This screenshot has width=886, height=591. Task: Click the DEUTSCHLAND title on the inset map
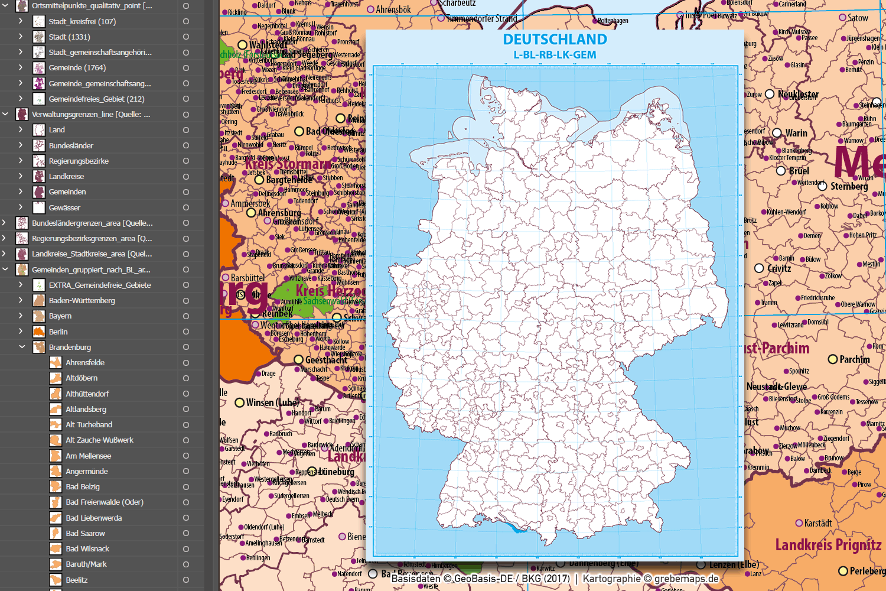pyautogui.click(x=555, y=40)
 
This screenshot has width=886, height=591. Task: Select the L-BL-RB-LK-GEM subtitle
pyautogui.click(x=555, y=55)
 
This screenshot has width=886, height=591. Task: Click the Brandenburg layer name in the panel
pyautogui.click(x=70, y=347)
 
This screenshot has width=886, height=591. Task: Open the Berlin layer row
pyautogui.click(x=58, y=332)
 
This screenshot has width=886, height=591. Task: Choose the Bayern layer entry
pyautogui.click(x=60, y=316)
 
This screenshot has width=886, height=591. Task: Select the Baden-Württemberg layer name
pyautogui.click(x=82, y=300)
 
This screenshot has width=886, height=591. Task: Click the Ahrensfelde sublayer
pyautogui.click(x=85, y=362)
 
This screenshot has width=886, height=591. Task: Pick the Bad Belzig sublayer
pyautogui.click(x=83, y=486)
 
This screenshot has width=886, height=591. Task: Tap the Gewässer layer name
pyautogui.click(x=64, y=207)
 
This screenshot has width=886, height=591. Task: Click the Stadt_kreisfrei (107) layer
pyautogui.click(x=82, y=21)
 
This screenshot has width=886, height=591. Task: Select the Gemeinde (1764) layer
pyautogui.click(x=77, y=67)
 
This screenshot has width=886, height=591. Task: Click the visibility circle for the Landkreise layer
pyautogui.click(x=185, y=176)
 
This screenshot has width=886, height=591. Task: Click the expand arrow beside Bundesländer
pyautogui.click(x=21, y=145)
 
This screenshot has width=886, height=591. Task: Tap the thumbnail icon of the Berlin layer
pyautogui.click(x=39, y=332)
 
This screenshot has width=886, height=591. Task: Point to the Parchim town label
pyautogui.click(x=854, y=359)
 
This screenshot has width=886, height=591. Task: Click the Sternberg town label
pyautogui.click(x=849, y=186)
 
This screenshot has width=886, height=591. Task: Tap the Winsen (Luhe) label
pyautogui.click(x=272, y=402)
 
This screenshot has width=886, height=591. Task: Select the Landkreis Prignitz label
pyautogui.click(x=828, y=544)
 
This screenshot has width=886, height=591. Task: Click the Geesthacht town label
pyautogui.click(x=326, y=360)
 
